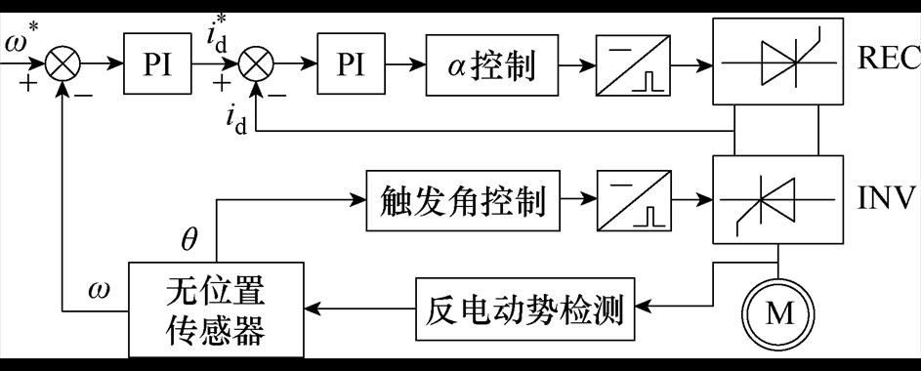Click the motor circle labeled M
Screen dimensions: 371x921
pyautogui.click(x=777, y=312)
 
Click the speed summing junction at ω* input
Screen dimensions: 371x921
pyautogui.click(x=63, y=64)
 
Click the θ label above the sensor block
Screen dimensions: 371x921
pyautogui.click(x=188, y=239)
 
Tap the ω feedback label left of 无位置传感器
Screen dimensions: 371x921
pyautogui.click(x=99, y=290)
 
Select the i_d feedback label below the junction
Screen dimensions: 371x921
pyautogui.click(x=234, y=121)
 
